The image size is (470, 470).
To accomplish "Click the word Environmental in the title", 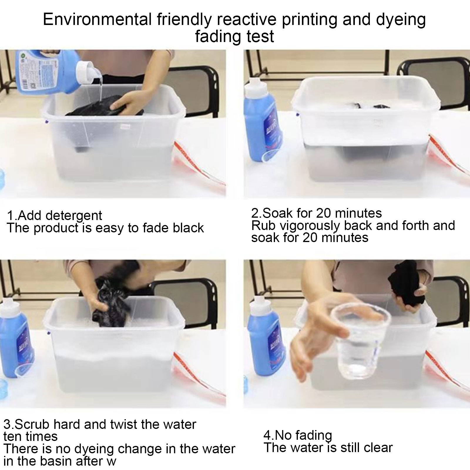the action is click(97, 20).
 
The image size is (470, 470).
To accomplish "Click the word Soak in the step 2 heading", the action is click(279, 213).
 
